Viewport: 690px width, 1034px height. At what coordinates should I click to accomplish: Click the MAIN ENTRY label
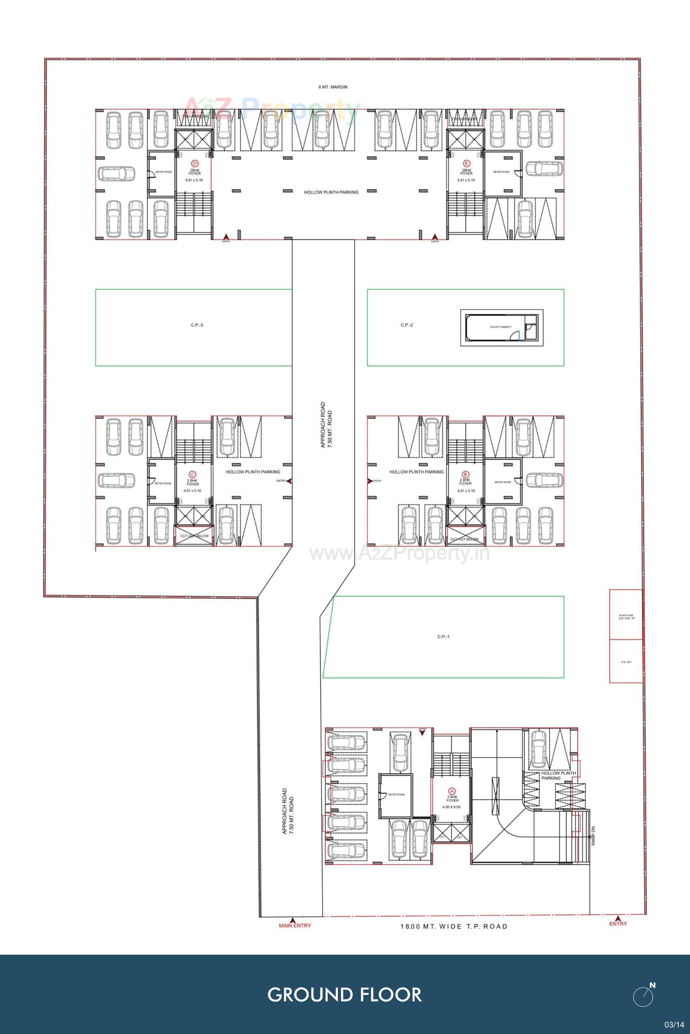[x=295, y=926]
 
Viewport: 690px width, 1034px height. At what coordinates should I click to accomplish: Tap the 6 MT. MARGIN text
[x=333, y=87]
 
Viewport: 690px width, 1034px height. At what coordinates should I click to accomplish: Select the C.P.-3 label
[x=197, y=325]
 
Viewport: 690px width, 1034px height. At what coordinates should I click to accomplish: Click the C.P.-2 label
[x=406, y=325]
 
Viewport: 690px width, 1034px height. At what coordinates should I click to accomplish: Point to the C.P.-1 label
[x=443, y=636]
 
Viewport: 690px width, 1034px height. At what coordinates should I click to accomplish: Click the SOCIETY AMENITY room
[x=500, y=327]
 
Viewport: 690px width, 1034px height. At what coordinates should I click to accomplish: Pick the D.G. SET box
[x=626, y=662]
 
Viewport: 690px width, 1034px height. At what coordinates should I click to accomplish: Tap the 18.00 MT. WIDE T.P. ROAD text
[x=454, y=926]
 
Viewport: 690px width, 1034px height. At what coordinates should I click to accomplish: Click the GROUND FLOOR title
[x=345, y=995]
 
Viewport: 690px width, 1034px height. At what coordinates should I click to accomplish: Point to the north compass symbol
[x=644, y=996]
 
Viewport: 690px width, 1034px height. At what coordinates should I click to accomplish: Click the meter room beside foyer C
[x=162, y=483]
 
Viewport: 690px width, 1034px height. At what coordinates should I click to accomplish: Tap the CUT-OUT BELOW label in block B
[x=464, y=539]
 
